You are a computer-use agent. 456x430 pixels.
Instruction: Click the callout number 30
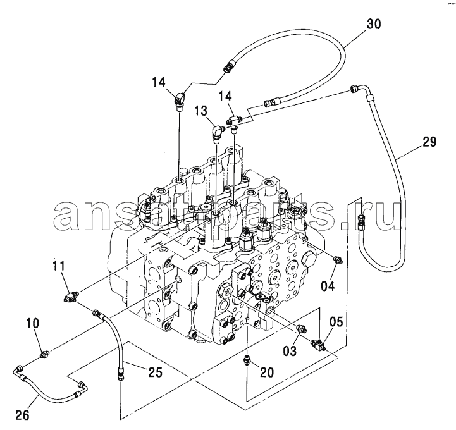click(x=373, y=24)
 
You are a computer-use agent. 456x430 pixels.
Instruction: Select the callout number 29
click(x=429, y=142)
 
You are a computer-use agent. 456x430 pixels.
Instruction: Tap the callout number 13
click(x=200, y=111)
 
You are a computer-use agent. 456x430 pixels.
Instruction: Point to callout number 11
click(x=59, y=266)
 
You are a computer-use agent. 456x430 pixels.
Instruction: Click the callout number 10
click(x=33, y=323)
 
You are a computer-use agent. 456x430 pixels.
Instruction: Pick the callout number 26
click(x=22, y=415)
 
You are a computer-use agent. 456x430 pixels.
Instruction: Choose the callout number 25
click(x=154, y=372)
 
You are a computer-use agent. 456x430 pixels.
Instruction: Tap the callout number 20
click(x=267, y=372)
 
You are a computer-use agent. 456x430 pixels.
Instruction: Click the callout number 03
click(x=290, y=350)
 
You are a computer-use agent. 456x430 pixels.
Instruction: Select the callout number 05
click(x=336, y=322)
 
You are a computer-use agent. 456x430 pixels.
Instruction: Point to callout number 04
click(x=328, y=286)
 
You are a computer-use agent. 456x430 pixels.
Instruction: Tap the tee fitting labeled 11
click(x=70, y=297)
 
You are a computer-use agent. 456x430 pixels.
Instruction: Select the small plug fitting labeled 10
click(x=44, y=354)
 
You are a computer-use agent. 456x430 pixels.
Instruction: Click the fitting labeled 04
click(x=338, y=260)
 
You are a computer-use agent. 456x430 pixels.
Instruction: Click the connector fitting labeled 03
click(x=300, y=329)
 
